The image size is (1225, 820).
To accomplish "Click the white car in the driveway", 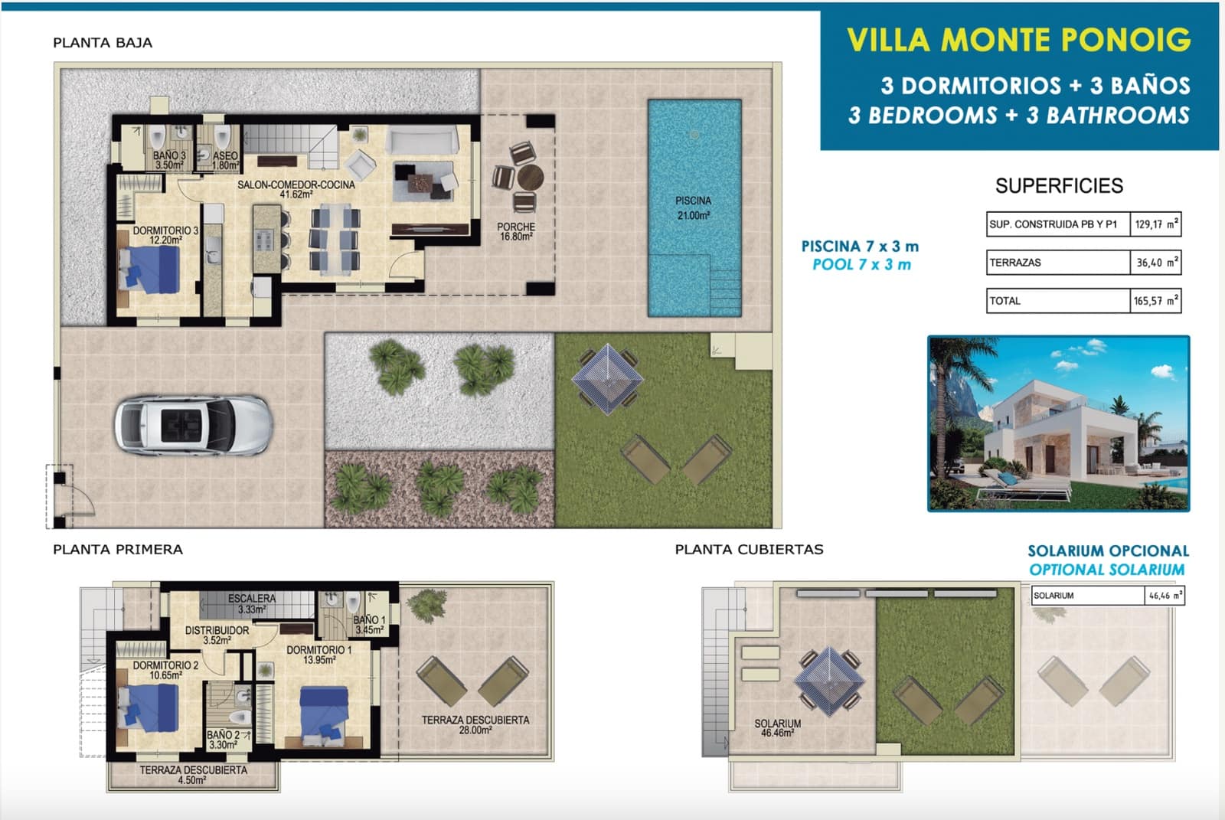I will point(192,426).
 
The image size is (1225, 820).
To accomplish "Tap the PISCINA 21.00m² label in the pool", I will point(693,208).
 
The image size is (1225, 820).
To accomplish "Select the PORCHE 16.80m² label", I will point(516,231).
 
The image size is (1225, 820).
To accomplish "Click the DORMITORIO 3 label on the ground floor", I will point(165,235).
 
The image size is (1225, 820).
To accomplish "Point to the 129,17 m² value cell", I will point(1155,224).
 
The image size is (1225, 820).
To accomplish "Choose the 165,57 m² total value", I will point(1155,301).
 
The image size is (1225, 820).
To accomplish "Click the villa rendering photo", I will point(1058,423).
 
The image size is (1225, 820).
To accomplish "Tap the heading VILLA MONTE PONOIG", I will point(1019,40).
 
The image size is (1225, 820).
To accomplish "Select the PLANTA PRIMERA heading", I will point(118,550).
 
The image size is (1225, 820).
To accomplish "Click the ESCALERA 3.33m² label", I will point(251,604).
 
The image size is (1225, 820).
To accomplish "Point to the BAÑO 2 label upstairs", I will point(223,740).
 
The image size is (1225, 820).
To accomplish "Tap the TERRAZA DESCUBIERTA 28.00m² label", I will point(475,725).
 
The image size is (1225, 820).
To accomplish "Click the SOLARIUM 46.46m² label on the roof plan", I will point(777,728).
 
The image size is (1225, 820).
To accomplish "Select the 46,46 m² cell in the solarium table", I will point(1165,596).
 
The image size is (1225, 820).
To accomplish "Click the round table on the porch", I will point(530,178).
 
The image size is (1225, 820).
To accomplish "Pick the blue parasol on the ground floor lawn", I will point(607,379).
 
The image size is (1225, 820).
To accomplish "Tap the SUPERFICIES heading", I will point(1059,186).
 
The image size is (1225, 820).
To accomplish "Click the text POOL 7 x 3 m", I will point(861,265).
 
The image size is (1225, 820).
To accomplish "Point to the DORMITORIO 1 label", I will point(318,655).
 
